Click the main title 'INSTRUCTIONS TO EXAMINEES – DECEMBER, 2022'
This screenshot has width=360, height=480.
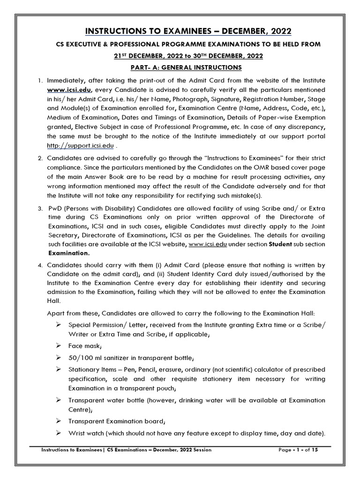(188, 31)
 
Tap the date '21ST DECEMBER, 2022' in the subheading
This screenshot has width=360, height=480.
(150, 56)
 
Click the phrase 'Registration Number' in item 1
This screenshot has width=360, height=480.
(279, 98)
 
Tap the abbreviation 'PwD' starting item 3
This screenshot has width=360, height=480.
(55, 208)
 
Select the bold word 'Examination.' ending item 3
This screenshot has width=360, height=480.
(68, 253)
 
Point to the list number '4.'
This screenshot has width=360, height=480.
(40, 265)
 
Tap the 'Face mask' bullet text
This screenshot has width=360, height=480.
(85, 345)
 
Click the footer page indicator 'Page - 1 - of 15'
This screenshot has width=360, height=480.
(298, 450)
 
